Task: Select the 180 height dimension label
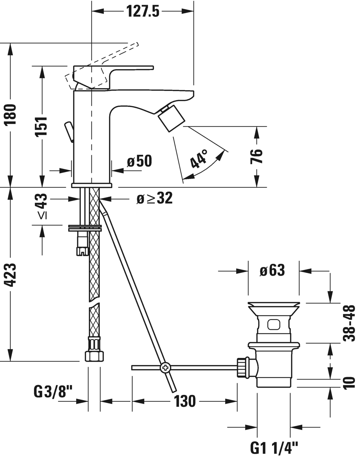11,115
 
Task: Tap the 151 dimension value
42,126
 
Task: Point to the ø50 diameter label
139,161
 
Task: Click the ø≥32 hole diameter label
154,198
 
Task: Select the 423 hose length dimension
11,275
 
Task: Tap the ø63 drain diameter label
272,271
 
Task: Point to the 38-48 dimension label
349,323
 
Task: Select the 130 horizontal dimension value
185,401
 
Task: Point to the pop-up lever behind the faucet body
69,132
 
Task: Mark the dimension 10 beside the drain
349,383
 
